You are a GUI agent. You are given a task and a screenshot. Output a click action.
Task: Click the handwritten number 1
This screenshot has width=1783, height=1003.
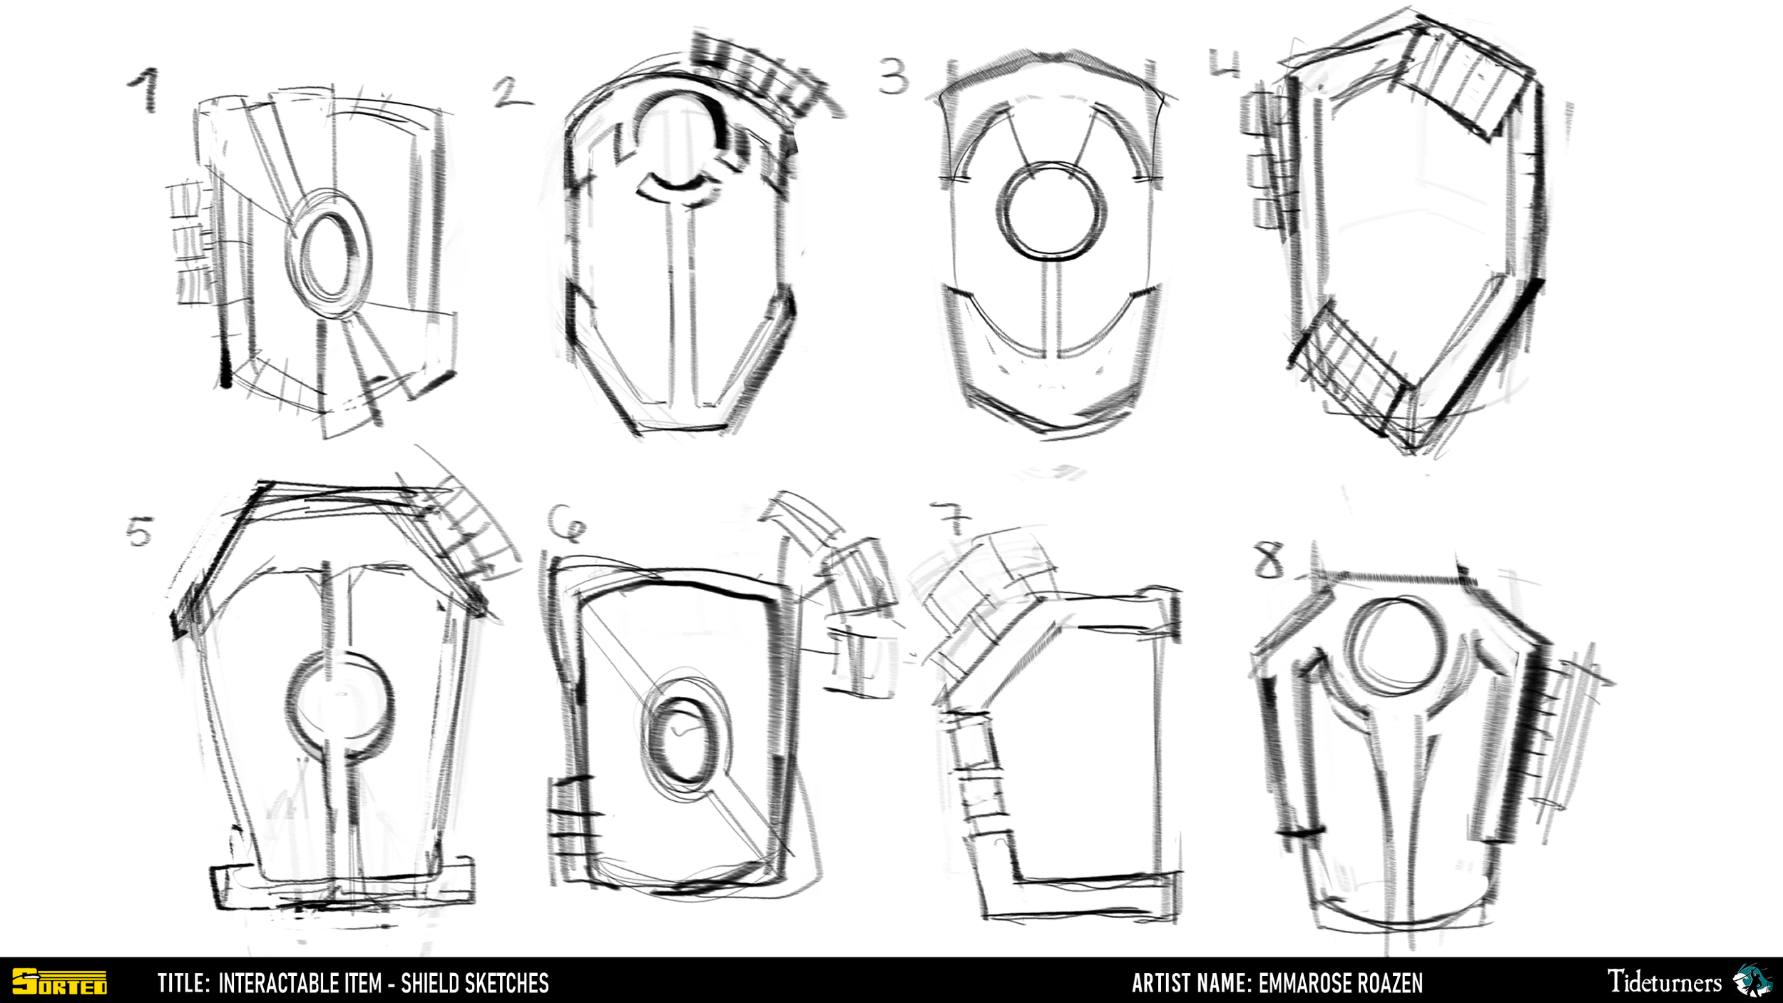click(145, 90)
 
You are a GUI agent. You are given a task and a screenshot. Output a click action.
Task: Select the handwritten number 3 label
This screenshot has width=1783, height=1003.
click(893, 76)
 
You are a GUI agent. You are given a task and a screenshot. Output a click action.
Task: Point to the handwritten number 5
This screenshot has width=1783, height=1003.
click(140, 531)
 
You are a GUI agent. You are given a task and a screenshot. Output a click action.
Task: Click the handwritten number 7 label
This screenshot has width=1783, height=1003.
click(952, 518)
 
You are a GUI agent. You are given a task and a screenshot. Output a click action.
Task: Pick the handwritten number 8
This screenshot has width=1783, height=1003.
click(1269, 560)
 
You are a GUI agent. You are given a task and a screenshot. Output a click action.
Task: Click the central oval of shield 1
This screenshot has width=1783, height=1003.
click(329, 255)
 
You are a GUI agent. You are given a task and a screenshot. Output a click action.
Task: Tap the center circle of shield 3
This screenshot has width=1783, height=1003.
click(1051, 210)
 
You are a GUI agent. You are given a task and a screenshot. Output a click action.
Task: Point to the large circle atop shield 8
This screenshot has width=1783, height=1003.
click(1394, 646)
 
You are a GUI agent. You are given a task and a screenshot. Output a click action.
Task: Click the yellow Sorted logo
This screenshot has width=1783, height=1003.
click(60, 982)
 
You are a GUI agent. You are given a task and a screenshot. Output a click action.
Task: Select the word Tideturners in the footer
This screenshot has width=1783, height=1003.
click(1663, 982)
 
